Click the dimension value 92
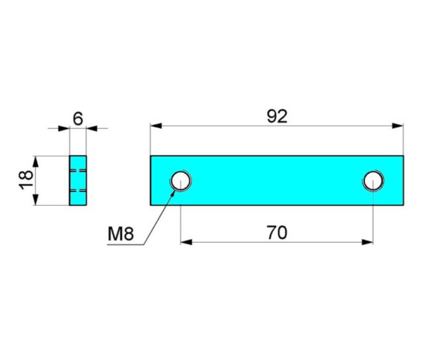277,116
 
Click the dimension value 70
277,233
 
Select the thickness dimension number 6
78,119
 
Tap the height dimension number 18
26,180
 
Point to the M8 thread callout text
121,234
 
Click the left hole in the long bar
181,181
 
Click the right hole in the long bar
373,181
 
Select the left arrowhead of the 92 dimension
156,126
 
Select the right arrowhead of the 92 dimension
397,126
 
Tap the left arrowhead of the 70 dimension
186,242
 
